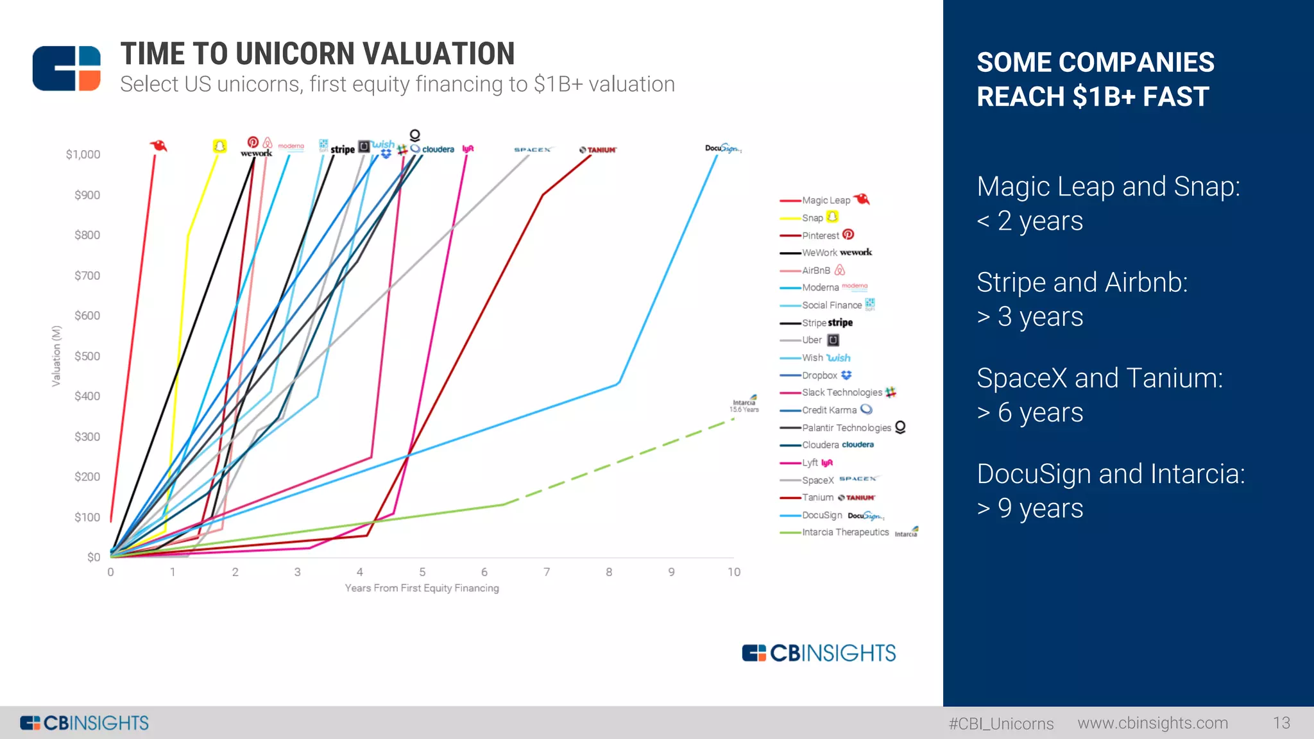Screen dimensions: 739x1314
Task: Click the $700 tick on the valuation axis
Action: (x=87, y=276)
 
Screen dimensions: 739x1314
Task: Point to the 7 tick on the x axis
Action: (x=547, y=572)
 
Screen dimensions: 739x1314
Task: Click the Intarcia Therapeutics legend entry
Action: (x=845, y=532)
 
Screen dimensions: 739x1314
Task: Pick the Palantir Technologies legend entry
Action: (x=846, y=428)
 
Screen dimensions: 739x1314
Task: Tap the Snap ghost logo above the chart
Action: (x=219, y=146)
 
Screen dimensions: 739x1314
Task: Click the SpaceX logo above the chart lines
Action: (x=533, y=149)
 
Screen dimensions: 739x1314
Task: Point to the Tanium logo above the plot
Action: (x=598, y=150)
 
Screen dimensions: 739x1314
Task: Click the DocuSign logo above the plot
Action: (x=723, y=148)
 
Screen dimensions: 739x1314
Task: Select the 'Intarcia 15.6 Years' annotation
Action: (x=744, y=405)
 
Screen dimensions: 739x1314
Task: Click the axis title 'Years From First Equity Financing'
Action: (x=422, y=588)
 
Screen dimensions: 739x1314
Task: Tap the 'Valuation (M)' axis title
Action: (x=56, y=356)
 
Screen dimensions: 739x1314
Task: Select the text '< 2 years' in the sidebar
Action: (x=1029, y=221)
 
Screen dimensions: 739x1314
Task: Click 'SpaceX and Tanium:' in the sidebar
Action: (x=1099, y=378)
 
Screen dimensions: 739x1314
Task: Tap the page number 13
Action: (x=1281, y=723)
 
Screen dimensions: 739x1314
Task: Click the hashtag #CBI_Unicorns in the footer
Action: (x=1001, y=724)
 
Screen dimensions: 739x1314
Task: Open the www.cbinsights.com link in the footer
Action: (x=1152, y=723)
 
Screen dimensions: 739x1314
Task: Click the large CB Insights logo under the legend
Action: (x=819, y=653)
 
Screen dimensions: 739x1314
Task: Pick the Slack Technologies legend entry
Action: (x=842, y=393)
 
